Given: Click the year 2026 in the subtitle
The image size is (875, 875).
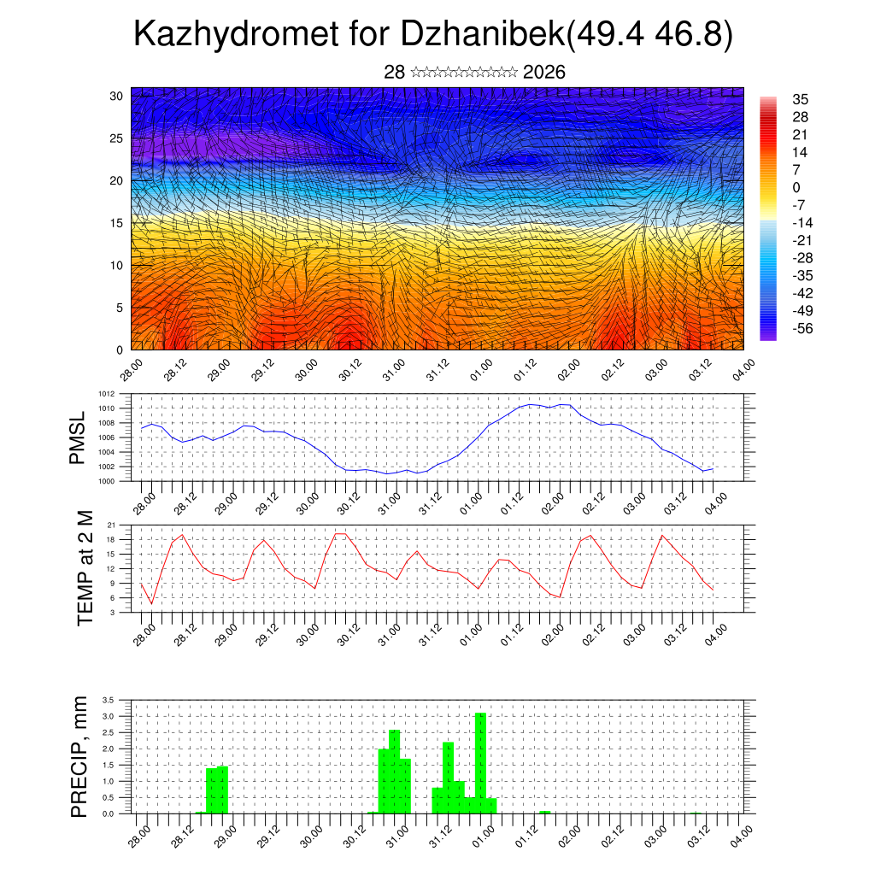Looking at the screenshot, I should [543, 72].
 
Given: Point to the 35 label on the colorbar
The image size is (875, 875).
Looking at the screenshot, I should [801, 100].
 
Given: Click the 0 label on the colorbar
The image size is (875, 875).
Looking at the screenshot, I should [796, 188].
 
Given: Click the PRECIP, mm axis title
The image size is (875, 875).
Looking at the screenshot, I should [79, 756].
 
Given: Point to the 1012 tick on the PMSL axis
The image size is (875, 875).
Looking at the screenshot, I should [106, 394].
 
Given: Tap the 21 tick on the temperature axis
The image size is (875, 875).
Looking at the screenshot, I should [112, 524].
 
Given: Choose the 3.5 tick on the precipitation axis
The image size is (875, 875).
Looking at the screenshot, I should [109, 700].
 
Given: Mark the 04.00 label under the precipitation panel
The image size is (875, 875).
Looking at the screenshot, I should [739, 834].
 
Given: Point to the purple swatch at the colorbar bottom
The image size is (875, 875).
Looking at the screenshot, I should [768, 336].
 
